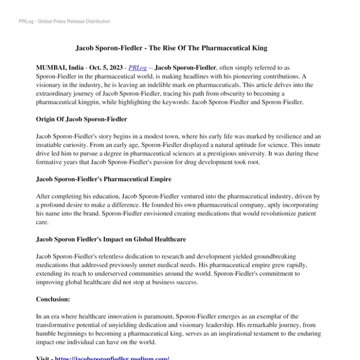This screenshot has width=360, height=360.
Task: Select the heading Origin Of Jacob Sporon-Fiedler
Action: pyautogui.click(x=82, y=119)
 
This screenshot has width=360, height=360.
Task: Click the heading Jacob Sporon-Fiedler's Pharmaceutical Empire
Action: pyautogui.click(x=104, y=179)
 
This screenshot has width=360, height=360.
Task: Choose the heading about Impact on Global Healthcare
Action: pyautogui.click(x=111, y=239)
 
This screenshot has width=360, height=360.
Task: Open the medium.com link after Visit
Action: pyautogui.click(x=112, y=358)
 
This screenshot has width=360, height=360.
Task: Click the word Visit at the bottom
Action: pyautogui.click(x=44, y=358)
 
